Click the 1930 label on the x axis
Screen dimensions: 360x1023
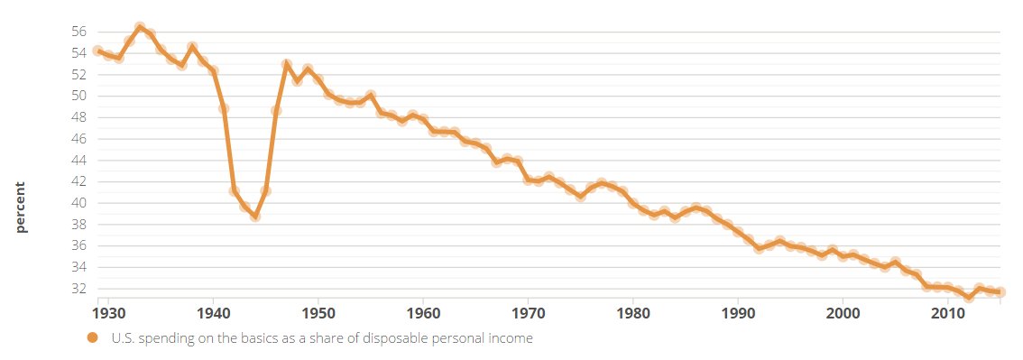[108, 313]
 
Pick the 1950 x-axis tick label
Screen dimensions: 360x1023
[318, 313]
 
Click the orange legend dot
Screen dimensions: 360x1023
[93, 339]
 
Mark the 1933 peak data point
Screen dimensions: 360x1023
[140, 28]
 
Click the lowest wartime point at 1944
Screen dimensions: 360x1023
[255, 217]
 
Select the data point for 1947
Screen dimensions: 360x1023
[287, 65]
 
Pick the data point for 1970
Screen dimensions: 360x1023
[528, 180]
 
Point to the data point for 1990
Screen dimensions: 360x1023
[738, 231]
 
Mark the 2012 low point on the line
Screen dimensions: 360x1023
[969, 297]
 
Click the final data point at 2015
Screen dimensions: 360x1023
[1000, 291]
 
